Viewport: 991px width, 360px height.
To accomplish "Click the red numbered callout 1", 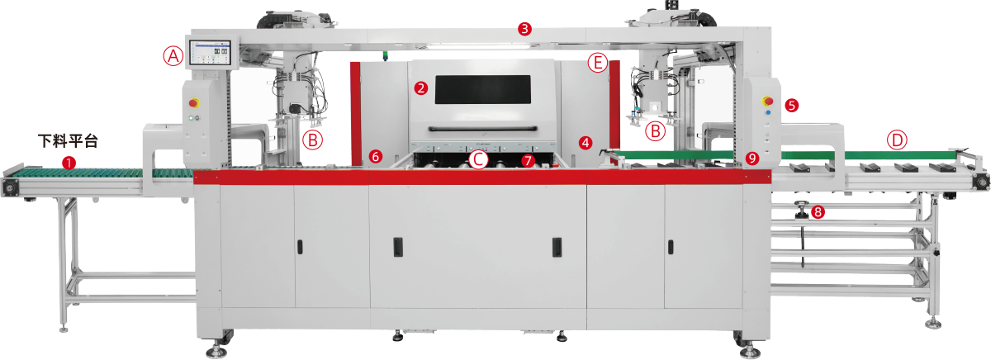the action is point(69,163).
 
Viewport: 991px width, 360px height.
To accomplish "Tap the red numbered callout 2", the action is point(420,88).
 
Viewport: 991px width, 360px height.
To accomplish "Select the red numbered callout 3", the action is point(524,29).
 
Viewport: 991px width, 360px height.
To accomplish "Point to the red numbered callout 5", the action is point(791,106).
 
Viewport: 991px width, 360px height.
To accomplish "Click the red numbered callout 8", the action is point(818,212).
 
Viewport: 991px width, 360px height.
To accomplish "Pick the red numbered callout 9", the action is point(752,158).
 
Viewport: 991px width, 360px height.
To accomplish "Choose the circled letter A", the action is point(173,56).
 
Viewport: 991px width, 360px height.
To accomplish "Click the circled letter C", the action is point(478,159).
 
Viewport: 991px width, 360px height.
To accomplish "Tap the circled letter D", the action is point(897,140).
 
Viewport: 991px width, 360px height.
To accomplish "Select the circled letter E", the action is point(598,63).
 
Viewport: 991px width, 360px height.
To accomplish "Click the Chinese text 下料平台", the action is point(68,141).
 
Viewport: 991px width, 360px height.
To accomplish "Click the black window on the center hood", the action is point(482,89).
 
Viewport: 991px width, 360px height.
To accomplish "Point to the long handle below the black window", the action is point(482,129).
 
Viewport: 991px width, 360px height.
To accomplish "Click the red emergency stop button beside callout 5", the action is point(768,102).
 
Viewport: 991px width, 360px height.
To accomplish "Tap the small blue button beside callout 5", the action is point(768,113).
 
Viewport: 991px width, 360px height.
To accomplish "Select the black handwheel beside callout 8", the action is point(801,210).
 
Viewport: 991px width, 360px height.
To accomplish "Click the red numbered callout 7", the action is point(528,160).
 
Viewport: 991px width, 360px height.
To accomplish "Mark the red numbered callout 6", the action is point(375,156).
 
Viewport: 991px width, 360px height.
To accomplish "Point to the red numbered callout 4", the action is point(586,142).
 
